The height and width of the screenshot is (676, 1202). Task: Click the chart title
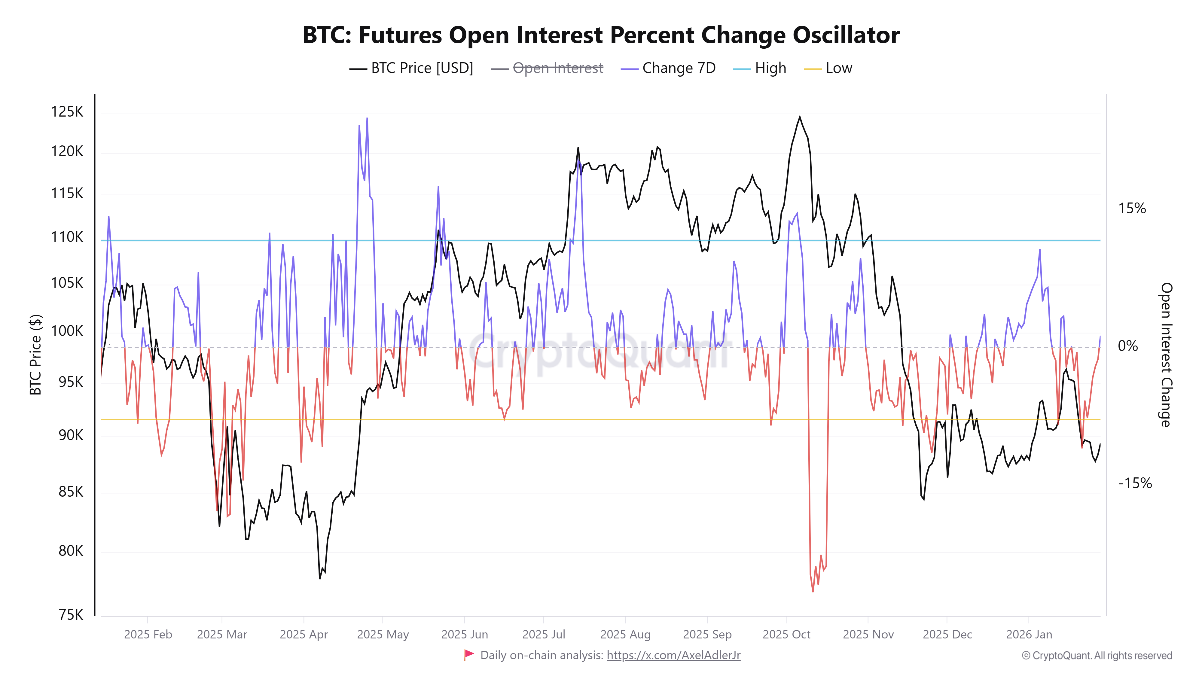pyautogui.click(x=601, y=35)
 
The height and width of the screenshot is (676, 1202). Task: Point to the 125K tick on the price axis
pyautogui.click(x=67, y=112)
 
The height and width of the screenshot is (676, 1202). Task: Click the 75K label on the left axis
pyautogui.click(x=71, y=615)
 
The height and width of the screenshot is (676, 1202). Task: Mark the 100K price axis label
pyautogui.click(x=67, y=331)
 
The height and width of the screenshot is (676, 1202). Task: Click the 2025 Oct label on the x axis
pyautogui.click(x=786, y=635)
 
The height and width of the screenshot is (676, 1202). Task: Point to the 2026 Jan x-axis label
pyautogui.click(x=1029, y=635)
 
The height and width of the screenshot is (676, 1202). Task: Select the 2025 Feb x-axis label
pyautogui.click(x=148, y=635)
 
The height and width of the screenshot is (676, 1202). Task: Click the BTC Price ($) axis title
pyautogui.click(x=35, y=355)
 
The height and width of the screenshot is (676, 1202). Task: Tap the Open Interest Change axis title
pyautogui.click(x=1166, y=355)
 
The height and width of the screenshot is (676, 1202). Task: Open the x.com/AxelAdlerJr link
pyautogui.click(x=673, y=656)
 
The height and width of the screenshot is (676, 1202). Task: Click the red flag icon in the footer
pyautogui.click(x=468, y=655)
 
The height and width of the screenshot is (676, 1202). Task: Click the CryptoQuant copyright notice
pyautogui.click(x=1097, y=656)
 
